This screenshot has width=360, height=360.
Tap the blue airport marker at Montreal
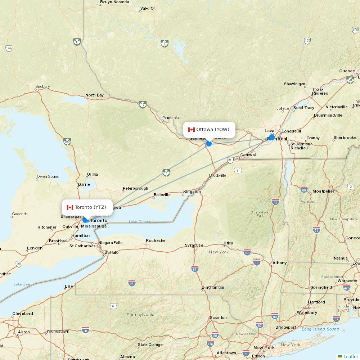pos(272,137)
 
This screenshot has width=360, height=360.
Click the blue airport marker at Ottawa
pos(209,144)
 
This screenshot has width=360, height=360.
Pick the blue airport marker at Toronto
pos(85,220)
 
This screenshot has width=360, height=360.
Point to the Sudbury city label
pos(42,87)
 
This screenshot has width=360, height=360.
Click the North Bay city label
pos(94,95)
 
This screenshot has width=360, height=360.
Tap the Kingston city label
pos(192,192)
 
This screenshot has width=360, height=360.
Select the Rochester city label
pos(156,240)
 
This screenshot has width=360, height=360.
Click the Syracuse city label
pos(194,245)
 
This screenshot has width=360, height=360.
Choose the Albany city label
pos(280,263)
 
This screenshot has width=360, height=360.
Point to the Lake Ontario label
pos(140,221)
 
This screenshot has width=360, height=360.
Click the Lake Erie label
pos(22,284)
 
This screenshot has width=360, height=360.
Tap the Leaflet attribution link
pos(350,356)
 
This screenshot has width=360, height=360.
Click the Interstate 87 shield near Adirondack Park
pos(276,202)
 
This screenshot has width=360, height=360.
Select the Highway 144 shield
pos(9,48)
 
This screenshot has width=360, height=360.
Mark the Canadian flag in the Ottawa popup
pos(191,130)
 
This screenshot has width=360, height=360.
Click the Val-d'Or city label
pos(148,8)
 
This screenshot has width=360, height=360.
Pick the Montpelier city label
pos(323,191)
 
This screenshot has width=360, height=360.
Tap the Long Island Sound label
pos(320,329)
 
